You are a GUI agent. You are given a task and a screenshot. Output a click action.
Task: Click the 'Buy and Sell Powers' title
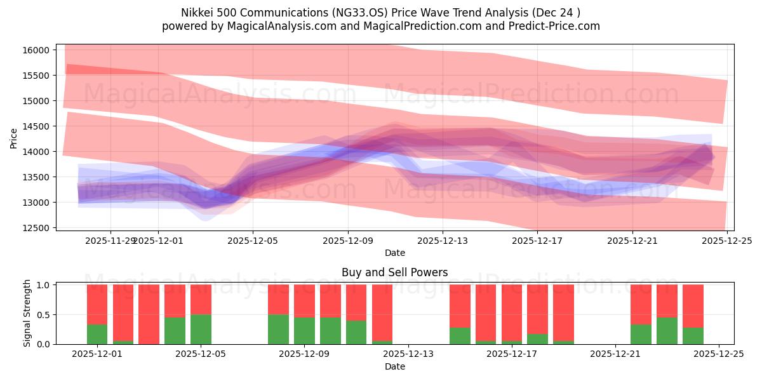coord(394,272)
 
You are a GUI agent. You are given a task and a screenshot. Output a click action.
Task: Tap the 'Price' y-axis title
coord(14,138)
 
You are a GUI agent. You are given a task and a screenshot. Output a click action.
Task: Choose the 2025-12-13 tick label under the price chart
coord(443,241)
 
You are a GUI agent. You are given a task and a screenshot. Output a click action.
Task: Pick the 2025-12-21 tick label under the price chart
coord(632,241)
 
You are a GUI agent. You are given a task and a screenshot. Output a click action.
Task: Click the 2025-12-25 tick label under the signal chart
coord(719,354)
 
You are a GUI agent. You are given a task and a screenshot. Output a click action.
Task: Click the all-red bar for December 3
coord(149,314)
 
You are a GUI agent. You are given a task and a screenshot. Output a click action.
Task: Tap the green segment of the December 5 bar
coord(201,329)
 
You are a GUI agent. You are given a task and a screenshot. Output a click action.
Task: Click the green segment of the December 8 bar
coord(278,329)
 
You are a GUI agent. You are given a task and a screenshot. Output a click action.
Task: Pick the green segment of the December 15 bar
coord(460,335)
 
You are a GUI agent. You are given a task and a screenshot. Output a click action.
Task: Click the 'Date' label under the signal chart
coord(394,366)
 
